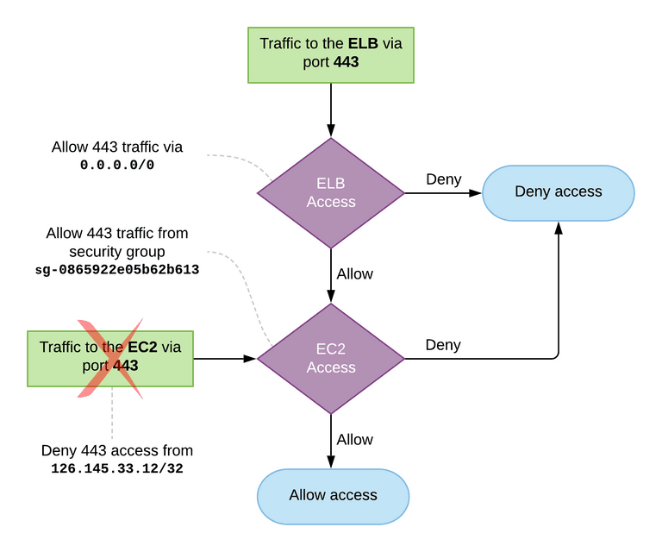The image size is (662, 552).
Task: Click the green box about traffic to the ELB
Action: click(331, 55)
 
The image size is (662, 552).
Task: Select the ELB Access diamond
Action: click(331, 193)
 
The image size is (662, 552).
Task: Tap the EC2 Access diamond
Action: click(331, 359)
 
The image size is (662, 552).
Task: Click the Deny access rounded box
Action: click(559, 193)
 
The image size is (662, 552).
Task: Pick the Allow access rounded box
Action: click(333, 496)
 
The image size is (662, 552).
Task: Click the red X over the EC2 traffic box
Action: click(110, 359)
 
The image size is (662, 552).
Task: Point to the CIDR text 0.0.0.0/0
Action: click(117, 165)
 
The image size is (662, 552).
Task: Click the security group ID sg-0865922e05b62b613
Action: click(117, 269)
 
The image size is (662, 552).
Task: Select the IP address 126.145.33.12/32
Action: click(117, 468)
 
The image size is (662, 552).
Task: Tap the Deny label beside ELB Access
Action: click(444, 179)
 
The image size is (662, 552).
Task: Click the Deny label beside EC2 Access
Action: click(443, 345)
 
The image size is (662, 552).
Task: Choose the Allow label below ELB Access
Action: click(354, 273)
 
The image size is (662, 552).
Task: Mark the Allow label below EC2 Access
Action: click(354, 439)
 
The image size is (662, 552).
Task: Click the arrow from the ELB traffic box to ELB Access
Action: click(331, 110)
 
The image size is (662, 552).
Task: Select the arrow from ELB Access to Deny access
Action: click(443, 193)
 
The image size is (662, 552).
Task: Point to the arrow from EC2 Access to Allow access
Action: click(331, 442)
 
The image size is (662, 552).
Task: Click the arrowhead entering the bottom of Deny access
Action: click(559, 227)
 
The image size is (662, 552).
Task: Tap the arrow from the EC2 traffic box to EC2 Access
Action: click(225, 359)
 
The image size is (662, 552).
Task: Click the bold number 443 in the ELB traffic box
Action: click(347, 62)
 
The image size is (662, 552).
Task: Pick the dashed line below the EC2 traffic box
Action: click(112, 413)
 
